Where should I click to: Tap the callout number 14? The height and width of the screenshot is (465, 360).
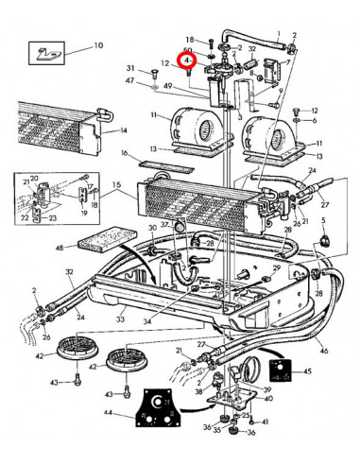pos(123,131)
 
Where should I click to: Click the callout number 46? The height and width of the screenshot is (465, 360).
pos(324,351)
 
